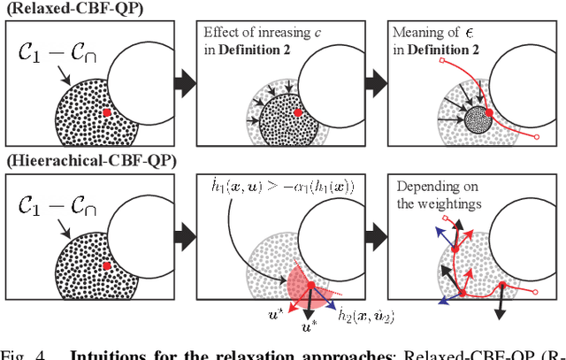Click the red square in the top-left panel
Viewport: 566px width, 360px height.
[106, 112]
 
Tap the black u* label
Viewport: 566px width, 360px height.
[311, 329]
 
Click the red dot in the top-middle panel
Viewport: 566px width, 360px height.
[297, 113]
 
